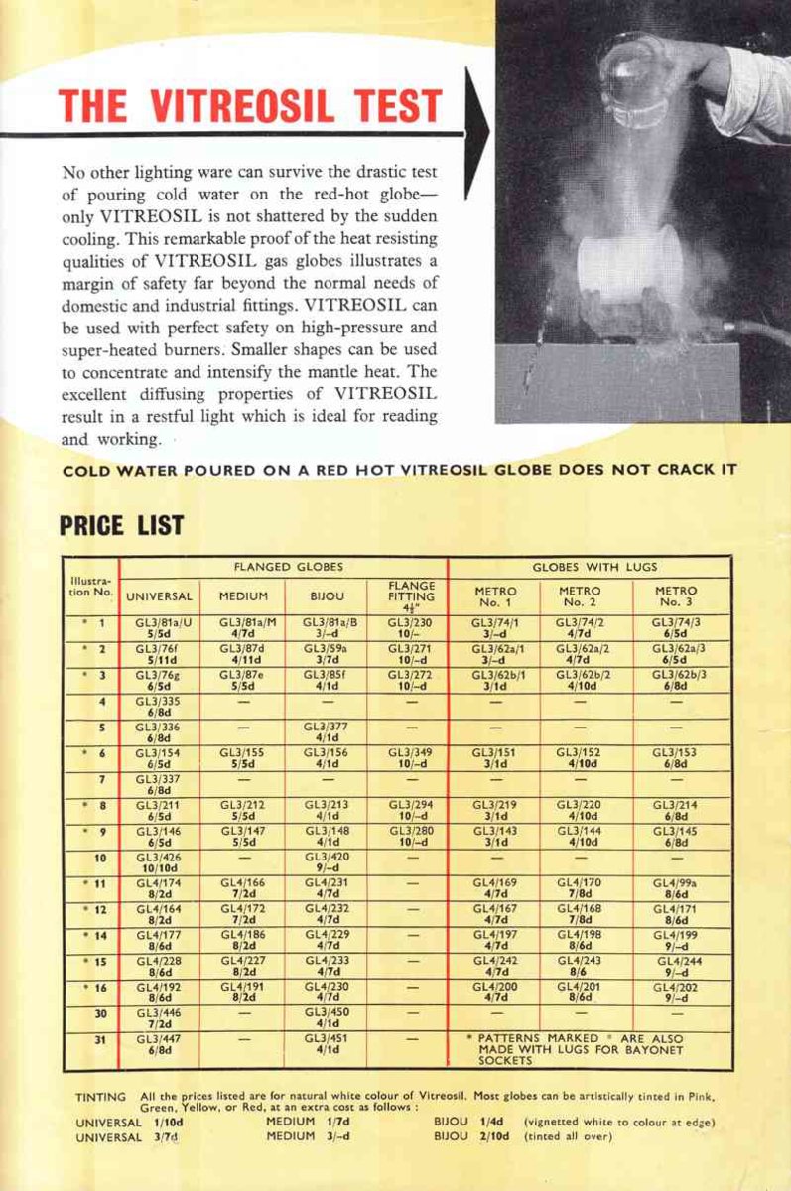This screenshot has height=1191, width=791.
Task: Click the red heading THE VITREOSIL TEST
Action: click(250, 106)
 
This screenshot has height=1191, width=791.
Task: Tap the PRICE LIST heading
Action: click(121, 524)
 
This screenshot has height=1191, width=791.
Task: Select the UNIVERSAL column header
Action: click(159, 596)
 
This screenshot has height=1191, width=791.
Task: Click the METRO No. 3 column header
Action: click(676, 595)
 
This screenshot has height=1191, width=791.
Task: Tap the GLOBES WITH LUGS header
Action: click(594, 567)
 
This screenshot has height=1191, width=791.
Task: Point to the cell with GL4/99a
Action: click(676, 886)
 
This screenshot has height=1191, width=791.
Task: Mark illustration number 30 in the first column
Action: click(100, 1012)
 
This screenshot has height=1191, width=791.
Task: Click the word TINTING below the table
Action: click(101, 1097)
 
